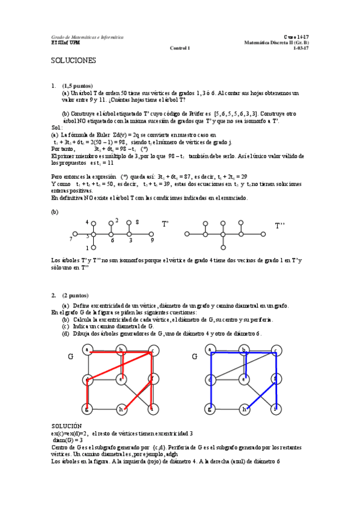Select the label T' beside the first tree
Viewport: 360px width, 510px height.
165,224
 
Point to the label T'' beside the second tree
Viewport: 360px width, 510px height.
280,226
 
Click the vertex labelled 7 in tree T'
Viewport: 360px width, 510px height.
75,234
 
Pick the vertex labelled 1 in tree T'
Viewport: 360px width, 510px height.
93,247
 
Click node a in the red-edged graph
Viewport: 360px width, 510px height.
88,349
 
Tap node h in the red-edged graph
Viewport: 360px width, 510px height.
121,410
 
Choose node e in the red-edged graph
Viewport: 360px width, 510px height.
121,379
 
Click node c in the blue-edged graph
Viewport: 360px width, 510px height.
276,350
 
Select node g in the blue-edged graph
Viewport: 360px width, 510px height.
210,410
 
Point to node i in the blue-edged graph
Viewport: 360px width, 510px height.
276,410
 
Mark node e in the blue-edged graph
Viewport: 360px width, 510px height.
243,379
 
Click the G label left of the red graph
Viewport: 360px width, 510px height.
71,357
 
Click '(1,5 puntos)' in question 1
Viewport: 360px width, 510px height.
77,86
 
